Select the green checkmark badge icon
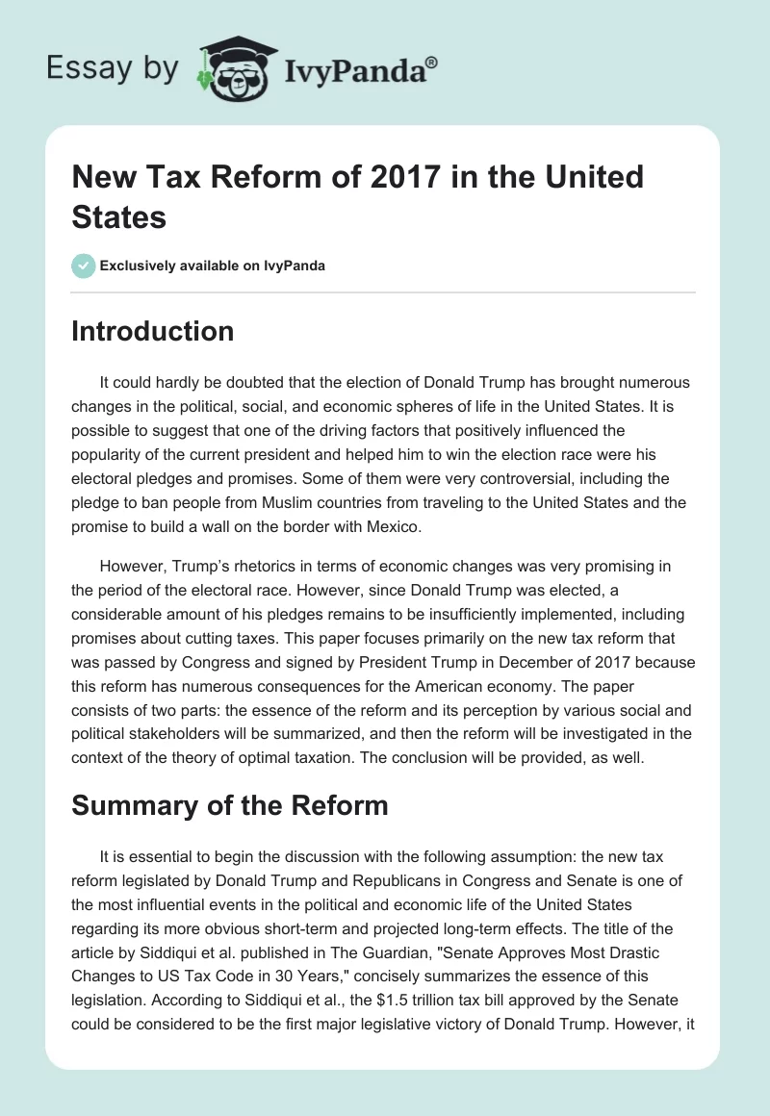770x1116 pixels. coord(83,266)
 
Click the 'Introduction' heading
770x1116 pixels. coord(153,331)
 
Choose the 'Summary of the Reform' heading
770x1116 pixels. coord(230,778)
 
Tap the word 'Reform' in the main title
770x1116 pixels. coord(263,177)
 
